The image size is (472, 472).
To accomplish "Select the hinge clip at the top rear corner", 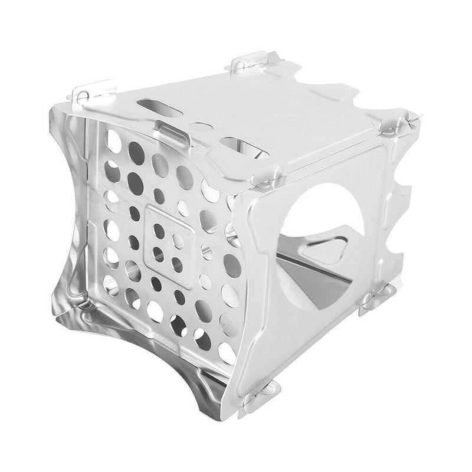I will click(248, 63).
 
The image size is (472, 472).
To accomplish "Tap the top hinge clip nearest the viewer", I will click(268, 177).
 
